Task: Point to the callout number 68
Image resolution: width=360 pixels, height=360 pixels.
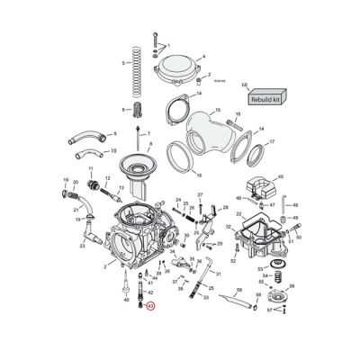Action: click(245, 85)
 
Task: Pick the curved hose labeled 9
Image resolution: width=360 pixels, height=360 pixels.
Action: click(85, 138)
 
